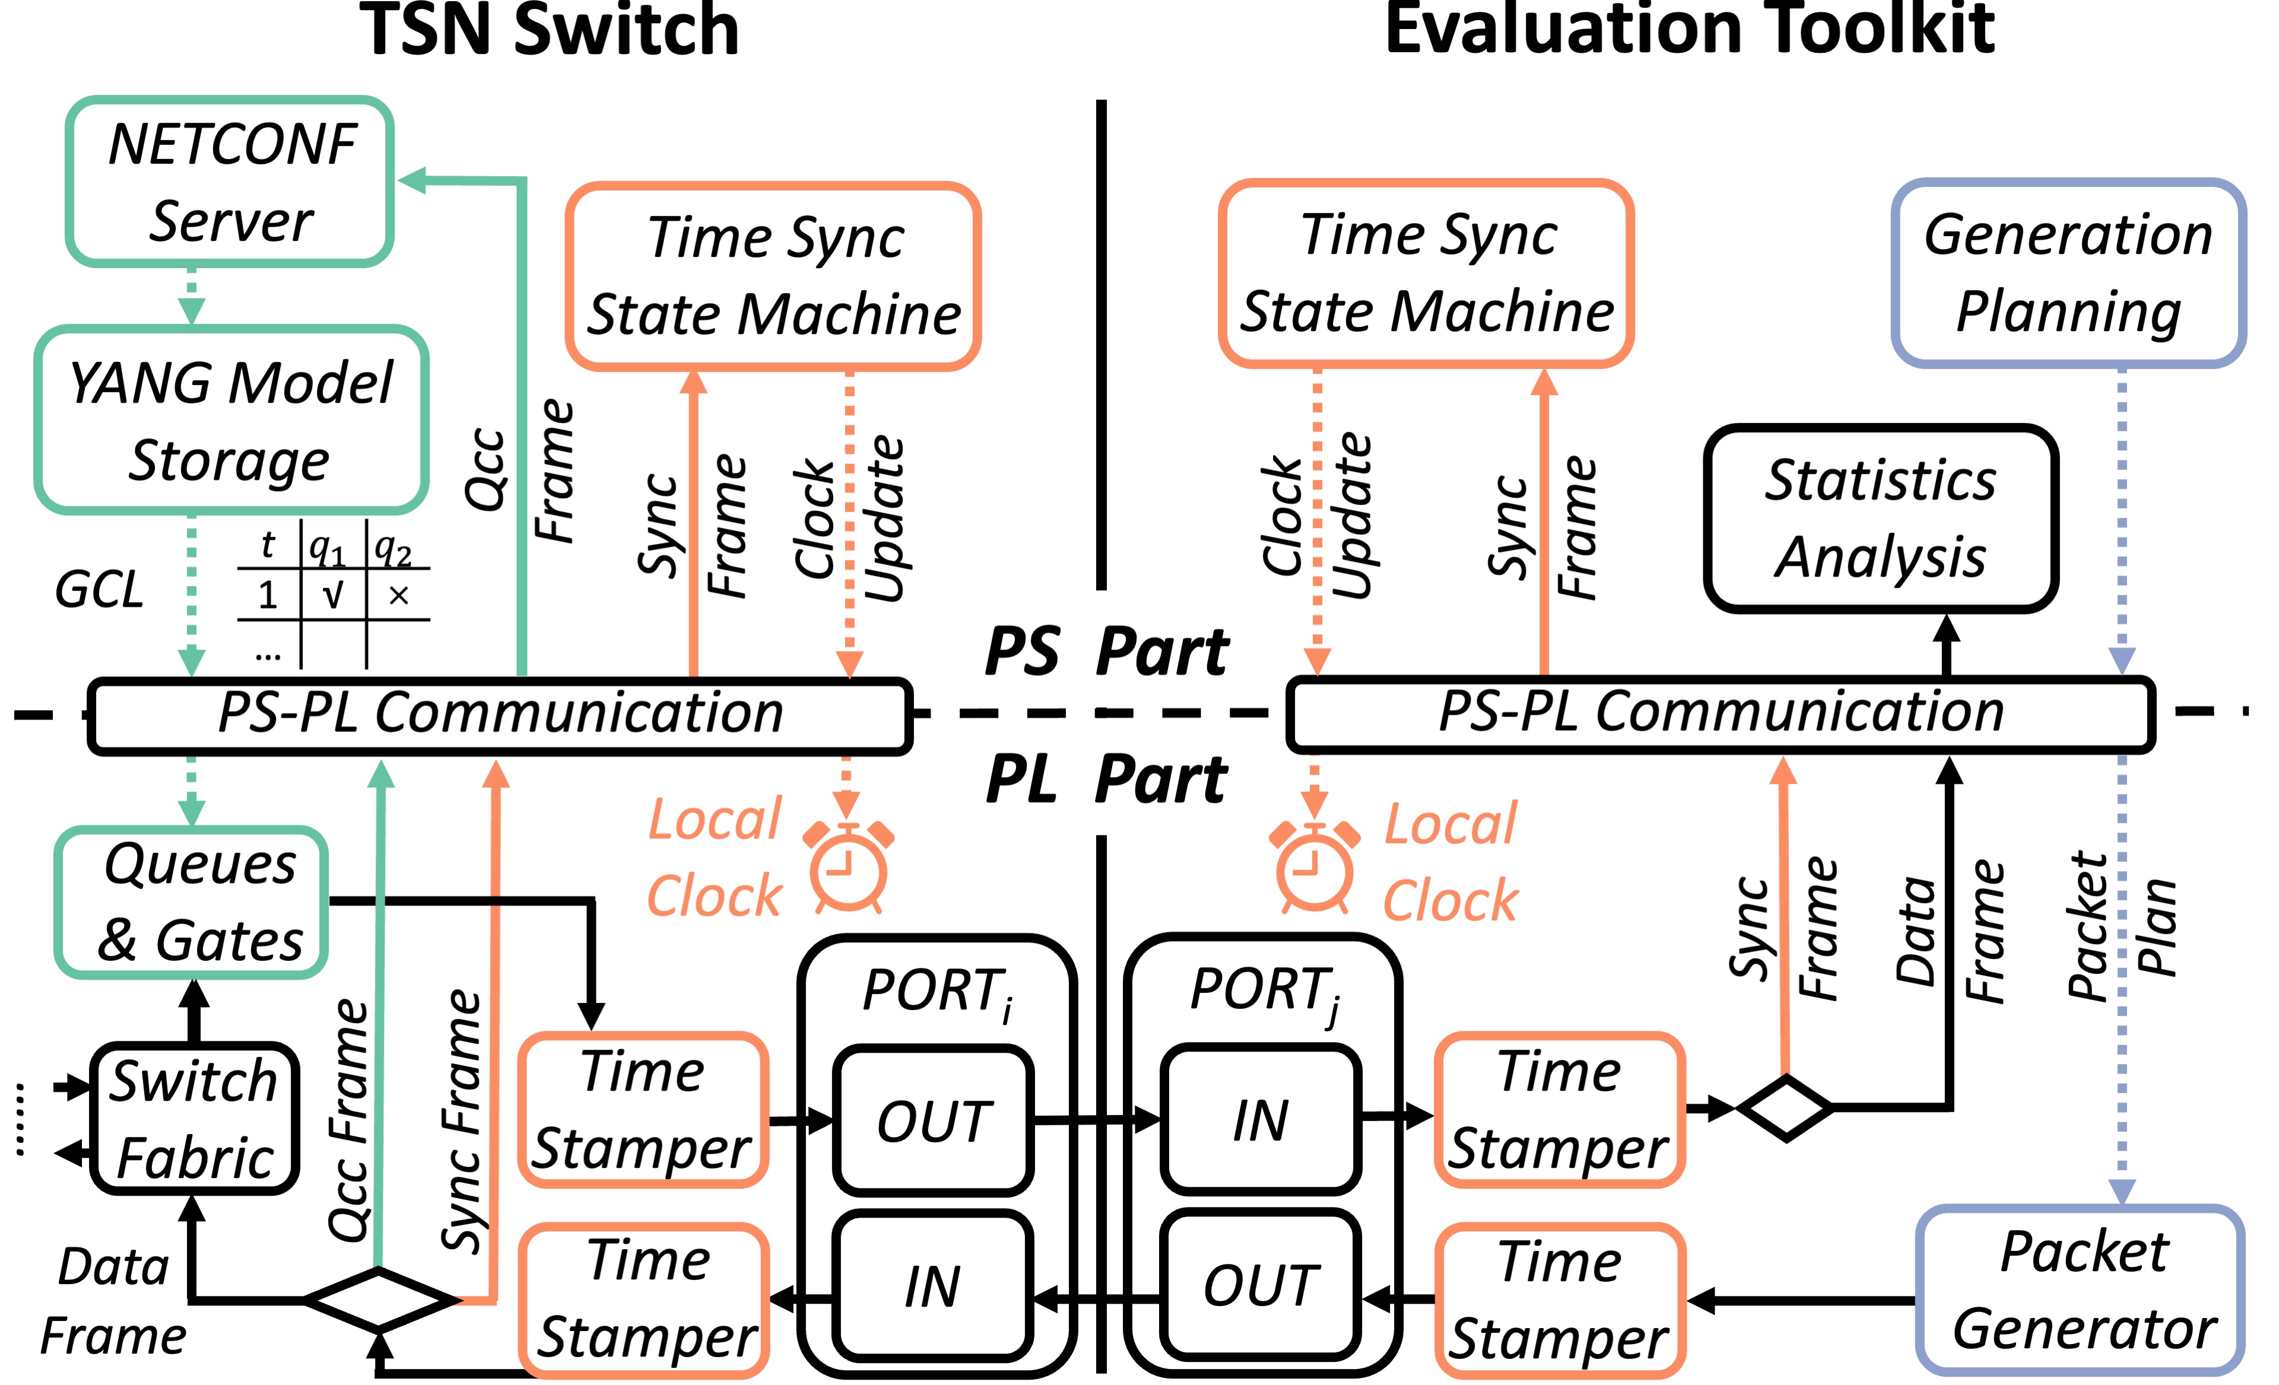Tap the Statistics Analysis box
coord(1880,518)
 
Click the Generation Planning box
coord(2068,273)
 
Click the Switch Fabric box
coord(194,1119)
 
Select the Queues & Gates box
coord(192,902)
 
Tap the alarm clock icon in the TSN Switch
coord(848,867)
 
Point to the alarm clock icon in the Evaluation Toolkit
coord(1315,867)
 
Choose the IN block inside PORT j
coord(1260,1120)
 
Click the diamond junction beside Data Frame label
coord(379,1300)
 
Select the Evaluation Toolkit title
coord(1689,30)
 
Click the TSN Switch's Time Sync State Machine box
coord(773,276)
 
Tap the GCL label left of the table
coord(99,590)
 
